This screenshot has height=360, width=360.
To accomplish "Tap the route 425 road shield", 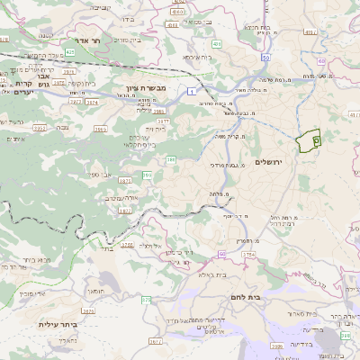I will (x=69, y=52).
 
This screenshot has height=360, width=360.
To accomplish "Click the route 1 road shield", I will (x=192, y=92).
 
